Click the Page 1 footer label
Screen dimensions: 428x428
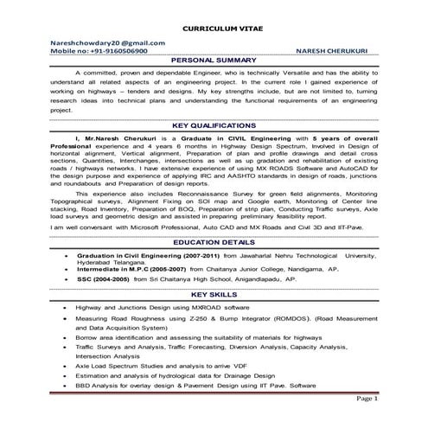click(367, 399)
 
